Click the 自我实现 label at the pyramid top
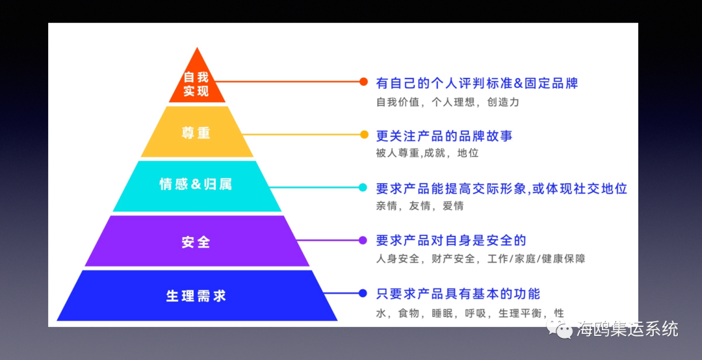(x=196, y=84)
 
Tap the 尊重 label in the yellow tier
(x=196, y=133)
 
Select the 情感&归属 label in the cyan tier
(x=196, y=184)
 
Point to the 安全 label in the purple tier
(x=196, y=242)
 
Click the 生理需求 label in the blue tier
(x=196, y=296)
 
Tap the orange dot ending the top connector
(x=363, y=81)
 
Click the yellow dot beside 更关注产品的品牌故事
(x=364, y=135)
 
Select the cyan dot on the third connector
(x=363, y=187)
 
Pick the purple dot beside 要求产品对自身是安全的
(x=363, y=240)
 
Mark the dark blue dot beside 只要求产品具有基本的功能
(x=363, y=293)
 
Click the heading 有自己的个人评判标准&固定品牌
(x=477, y=83)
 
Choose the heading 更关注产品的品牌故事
(x=444, y=136)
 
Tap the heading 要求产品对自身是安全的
(x=451, y=240)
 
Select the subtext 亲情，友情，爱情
(x=420, y=206)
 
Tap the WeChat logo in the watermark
(x=558, y=330)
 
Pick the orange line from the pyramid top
(x=287, y=81)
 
